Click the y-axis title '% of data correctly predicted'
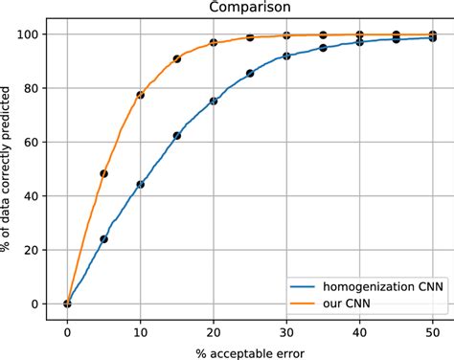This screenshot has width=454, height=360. coord(10,169)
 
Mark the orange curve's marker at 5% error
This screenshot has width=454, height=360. coord(103,173)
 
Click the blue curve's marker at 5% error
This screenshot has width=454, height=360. coord(103,239)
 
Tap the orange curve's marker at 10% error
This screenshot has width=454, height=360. coord(140,95)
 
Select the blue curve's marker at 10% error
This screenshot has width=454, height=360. coord(140,184)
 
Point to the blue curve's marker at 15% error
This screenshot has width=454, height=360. coord(177,136)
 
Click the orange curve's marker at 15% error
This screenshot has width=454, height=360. coord(177,59)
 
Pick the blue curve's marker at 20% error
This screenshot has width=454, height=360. coord(214,101)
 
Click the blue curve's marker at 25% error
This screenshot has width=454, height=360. coord(250,73)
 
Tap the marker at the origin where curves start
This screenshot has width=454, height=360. coord(67,304)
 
